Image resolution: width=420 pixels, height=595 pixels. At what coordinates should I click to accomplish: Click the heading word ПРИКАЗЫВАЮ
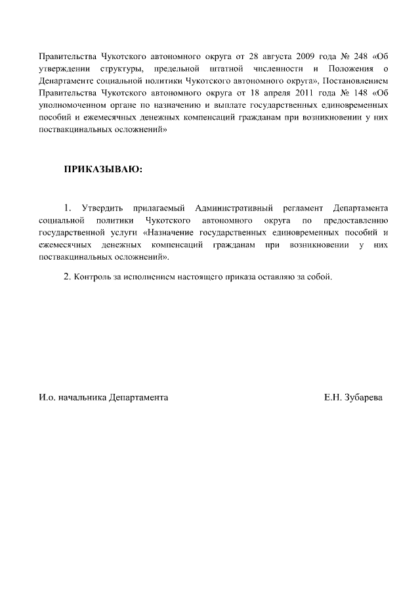point(103,169)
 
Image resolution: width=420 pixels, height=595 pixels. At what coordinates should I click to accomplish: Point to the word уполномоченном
point(70,105)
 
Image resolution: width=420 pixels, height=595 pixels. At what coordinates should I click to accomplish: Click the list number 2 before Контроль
point(67,276)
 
